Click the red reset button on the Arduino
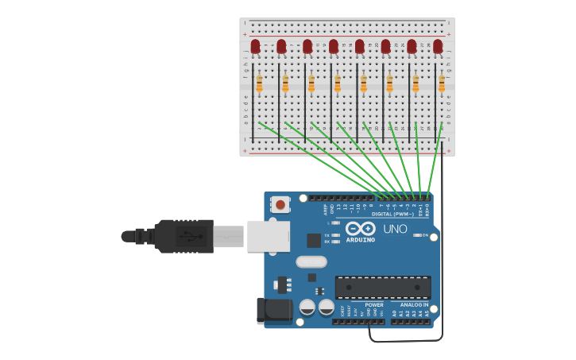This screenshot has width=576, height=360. click(280, 203)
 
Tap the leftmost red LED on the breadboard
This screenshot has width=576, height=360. click(255, 47)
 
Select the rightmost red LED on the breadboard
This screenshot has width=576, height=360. click(438, 47)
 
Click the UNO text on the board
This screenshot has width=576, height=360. click(396, 229)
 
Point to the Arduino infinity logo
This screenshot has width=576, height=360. click(360, 228)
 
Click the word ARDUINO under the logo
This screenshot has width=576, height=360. click(360, 239)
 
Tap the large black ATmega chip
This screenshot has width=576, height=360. click(383, 287)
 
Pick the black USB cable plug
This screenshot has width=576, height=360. click(184, 236)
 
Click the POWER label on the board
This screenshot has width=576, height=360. click(373, 304)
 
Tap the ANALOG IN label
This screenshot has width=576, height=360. click(414, 304)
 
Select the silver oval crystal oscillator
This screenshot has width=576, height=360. click(311, 261)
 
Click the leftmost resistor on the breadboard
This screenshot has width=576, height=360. click(259, 83)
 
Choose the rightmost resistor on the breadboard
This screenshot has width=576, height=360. click(442, 83)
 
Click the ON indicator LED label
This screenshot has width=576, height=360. click(425, 235)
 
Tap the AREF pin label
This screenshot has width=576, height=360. click(325, 209)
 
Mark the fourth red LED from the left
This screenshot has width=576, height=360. click(334, 47)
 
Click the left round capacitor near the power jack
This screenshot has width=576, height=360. click(307, 307)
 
